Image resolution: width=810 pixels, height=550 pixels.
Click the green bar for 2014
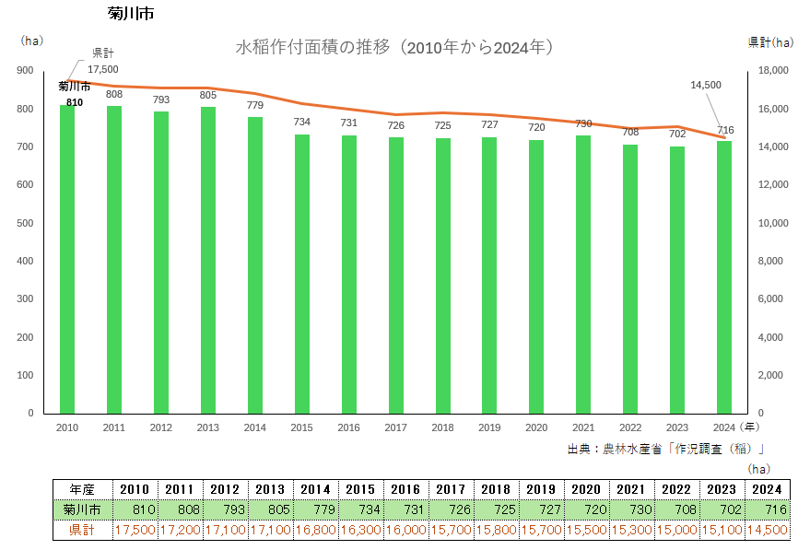(255, 265)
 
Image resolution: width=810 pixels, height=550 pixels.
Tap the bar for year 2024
(724, 277)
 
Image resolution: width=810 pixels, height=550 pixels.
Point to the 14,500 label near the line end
(705, 85)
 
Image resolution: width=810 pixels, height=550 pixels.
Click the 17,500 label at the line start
(103, 69)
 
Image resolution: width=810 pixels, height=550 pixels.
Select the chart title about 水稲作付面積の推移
(395, 47)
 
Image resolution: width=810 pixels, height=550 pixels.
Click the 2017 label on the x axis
(395, 427)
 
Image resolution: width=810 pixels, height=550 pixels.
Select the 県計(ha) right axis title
(769, 42)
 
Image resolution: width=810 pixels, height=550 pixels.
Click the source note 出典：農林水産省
(667, 449)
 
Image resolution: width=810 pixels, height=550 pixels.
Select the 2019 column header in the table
(541, 489)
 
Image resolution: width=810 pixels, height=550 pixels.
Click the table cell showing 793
(225, 509)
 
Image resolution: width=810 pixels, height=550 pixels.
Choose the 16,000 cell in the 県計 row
(405, 530)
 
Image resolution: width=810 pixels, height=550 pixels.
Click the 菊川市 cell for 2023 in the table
(723, 509)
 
